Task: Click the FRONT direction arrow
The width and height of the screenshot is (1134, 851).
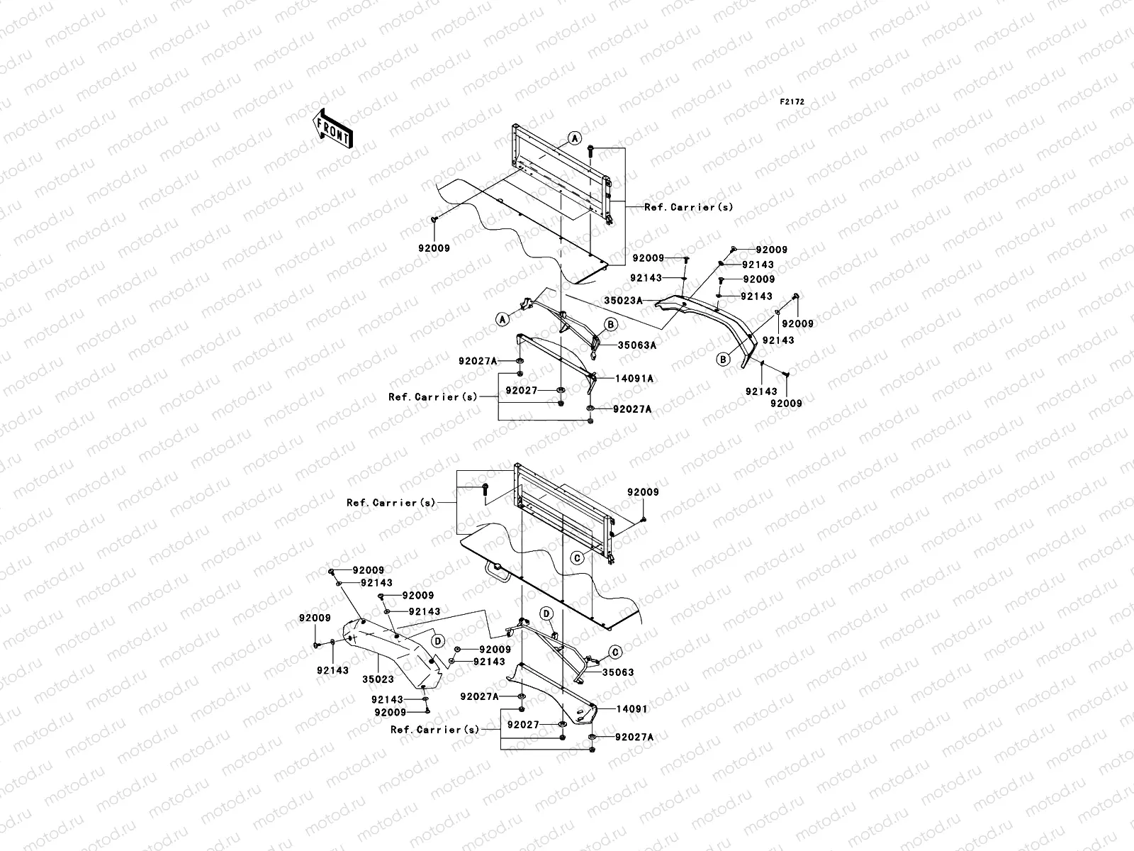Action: click(x=332, y=128)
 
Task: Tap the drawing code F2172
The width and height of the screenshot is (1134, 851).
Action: click(x=792, y=102)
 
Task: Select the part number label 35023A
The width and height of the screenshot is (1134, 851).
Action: click(x=623, y=300)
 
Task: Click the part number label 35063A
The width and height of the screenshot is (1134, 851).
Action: click(x=637, y=345)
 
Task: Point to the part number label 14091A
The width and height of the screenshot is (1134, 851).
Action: click(x=634, y=379)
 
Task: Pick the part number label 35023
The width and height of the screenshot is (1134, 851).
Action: click(x=378, y=679)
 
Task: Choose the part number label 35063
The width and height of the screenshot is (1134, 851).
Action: click(x=618, y=672)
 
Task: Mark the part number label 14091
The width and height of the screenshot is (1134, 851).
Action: click(x=631, y=709)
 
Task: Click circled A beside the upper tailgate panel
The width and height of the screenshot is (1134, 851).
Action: click(x=575, y=138)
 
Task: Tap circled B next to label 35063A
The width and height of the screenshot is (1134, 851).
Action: click(x=611, y=324)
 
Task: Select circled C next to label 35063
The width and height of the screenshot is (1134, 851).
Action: click(x=614, y=652)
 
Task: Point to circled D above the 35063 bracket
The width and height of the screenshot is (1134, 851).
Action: click(x=546, y=613)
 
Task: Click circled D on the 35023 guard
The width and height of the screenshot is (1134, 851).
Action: click(x=438, y=641)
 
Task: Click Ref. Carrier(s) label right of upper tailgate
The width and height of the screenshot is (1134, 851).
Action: click(x=689, y=207)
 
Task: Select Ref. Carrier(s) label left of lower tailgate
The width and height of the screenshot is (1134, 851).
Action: click(x=391, y=503)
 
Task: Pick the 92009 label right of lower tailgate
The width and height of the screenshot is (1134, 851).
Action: click(x=644, y=492)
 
